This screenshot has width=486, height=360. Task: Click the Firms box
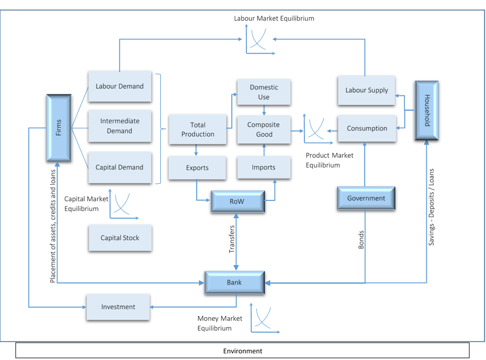point(59,128)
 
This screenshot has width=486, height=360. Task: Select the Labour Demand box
point(120,86)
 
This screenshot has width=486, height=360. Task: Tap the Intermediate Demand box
point(120,126)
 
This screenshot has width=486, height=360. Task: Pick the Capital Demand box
point(120,167)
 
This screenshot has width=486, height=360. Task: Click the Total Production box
point(198,129)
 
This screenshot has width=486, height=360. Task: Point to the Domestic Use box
point(264,92)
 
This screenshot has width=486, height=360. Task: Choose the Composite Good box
point(264,129)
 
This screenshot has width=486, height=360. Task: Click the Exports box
point(197,167)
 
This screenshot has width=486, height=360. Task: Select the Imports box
point(264,167)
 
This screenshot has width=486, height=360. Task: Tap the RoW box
point(238,201)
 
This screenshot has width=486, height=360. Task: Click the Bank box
point(235,282)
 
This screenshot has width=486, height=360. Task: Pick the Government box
point(366,198)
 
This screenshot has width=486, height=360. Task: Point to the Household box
point(427,111)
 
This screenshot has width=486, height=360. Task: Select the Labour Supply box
point(366,90)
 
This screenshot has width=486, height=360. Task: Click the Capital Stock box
point(120,238)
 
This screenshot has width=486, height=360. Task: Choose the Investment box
point(118,307)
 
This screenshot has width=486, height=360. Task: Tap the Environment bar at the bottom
point(242,351)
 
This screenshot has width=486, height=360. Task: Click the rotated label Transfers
point(232,239)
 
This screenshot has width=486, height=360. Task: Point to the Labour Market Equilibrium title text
point(274,18)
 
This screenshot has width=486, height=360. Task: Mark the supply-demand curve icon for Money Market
point(264,319)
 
